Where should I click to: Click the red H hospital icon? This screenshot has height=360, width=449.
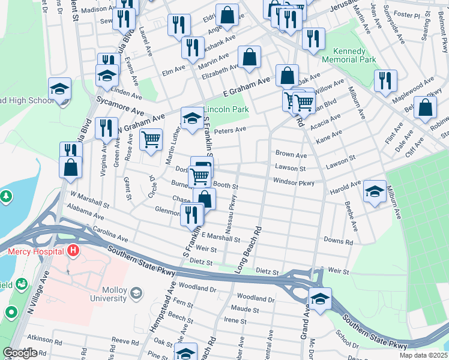point(73,250)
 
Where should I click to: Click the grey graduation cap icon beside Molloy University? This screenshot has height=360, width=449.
point(136,293)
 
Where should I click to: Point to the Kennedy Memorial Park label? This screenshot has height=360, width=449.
point(349,55)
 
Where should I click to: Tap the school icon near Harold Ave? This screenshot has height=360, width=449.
point(375,191)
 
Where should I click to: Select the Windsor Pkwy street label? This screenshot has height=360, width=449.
point(294,181)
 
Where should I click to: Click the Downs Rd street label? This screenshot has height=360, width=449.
point(338,241)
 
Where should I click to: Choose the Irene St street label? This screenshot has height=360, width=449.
point(231,320)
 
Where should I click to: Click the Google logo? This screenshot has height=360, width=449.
point(20,352)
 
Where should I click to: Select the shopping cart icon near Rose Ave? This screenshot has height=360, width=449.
point(151,139)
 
